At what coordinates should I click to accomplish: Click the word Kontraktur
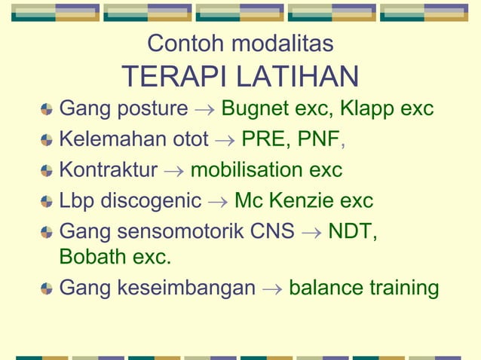point(108,170)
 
